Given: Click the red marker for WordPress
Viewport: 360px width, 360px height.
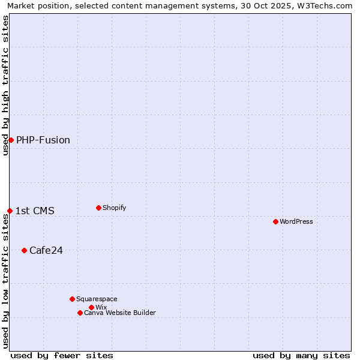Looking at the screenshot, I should pos(275,221).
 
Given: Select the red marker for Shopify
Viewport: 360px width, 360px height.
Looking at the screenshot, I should pos(98,208).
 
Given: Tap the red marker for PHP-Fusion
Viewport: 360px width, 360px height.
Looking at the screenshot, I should pos(11,140).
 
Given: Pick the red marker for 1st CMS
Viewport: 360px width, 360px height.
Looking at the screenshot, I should pos(10,211).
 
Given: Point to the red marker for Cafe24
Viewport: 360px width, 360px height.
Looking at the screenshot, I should pos(24,250).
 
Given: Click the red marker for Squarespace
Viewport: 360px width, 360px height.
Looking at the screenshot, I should pos(72,299).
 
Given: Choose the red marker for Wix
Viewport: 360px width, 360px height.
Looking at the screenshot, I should pos(91,307).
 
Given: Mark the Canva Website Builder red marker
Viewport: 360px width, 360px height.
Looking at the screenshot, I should pos(80,313).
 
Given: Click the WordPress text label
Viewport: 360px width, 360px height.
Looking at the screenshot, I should pos(296,221).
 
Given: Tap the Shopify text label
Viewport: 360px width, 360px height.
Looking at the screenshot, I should pos(115,208).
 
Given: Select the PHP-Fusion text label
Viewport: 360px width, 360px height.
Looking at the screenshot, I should pos(43,140).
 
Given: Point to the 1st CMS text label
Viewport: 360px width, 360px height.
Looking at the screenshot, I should pos(35,211).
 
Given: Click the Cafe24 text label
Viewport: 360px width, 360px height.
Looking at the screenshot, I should pos(46,250).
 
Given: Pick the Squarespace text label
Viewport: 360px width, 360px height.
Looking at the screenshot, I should pos(97,299).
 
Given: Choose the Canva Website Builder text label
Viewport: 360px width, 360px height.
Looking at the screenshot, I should pos(120,313).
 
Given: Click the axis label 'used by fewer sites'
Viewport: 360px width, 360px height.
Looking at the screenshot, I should pos(62,355).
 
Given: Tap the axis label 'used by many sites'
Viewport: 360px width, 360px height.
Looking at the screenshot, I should pos(301,355).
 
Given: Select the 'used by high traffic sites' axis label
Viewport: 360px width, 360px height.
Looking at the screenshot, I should pos(5,85).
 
